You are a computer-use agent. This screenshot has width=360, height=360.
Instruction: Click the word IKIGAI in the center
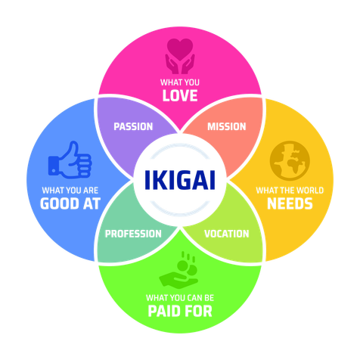coord(180,180)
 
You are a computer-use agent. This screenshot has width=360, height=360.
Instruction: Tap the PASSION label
coord(133,126)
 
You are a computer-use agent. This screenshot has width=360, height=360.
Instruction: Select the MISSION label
coord(227,126)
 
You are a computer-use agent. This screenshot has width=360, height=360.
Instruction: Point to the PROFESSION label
coord(133,234)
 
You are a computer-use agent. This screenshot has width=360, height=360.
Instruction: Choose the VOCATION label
coord(227,234)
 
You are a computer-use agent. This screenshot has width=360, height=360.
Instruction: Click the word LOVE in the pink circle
coord(180,95)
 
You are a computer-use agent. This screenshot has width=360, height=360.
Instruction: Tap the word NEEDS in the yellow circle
coord(290,203)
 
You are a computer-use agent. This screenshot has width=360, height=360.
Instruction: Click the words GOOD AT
coord(70,203)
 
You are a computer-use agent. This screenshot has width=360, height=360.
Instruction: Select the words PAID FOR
coord(180,311)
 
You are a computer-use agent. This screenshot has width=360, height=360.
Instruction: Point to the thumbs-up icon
coord(70,160)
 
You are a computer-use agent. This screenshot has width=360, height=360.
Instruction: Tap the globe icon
coord(290,160)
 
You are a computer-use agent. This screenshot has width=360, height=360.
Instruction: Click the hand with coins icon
coord(179,269)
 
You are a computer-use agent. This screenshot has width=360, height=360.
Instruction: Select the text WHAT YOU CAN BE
coord(180,298)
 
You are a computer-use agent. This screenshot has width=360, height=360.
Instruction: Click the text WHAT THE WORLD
coord(290,191)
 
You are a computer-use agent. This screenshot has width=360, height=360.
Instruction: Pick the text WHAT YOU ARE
coord(70,191)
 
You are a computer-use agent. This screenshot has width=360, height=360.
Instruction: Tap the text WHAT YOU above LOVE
coord(180,82)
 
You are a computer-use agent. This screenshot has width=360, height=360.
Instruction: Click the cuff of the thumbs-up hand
coord(53,166)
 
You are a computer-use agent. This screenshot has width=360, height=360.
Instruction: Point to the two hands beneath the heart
coord(180,64)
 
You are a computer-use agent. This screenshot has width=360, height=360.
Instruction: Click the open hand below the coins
coord(178,280)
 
